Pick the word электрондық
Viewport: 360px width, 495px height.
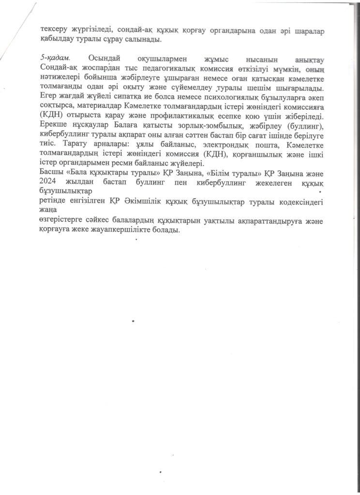point(216,146)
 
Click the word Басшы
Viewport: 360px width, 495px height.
point(51,175)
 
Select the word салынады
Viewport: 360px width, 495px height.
point(145,39)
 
